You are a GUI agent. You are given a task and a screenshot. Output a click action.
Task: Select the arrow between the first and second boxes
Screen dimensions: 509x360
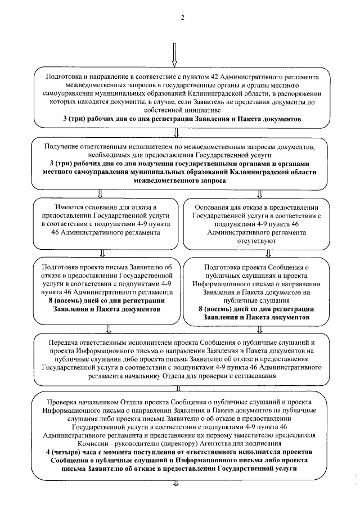[177, 132]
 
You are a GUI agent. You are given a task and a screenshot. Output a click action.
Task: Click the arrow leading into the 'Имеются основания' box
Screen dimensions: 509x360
[100, 194]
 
